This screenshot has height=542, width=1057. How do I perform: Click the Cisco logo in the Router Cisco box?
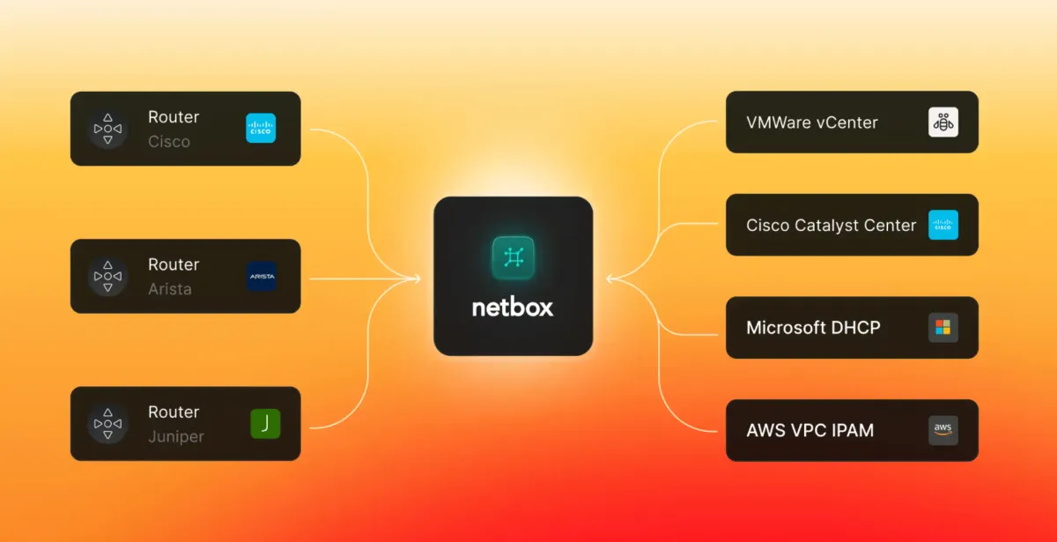click(x=261, y=129)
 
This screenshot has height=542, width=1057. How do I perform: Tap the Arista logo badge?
click(x=262, y=276)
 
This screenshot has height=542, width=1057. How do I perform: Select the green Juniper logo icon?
click(x=265, y=424)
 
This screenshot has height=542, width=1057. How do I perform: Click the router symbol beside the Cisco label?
click(x=107, y=129)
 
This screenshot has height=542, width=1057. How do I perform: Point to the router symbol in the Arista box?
click(x=107, y=276)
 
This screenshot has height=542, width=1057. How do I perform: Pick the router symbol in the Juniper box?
click(x=107, y=424)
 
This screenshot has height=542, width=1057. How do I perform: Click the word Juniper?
click(x=175, y=436)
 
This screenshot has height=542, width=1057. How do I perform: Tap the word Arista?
click(x=169, y=289)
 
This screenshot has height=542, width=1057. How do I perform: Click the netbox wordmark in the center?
click(x=513, y=308)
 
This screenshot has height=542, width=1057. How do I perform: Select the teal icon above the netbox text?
click(x=513, y=256)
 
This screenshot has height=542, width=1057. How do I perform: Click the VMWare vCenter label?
click(x=811, y=123)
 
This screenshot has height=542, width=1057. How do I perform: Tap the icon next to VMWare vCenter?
click(x=942, y=123)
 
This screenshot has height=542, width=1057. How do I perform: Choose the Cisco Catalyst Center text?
click(x=831, y=226)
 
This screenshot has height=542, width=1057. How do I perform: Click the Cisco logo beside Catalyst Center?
click(x=942, y=226)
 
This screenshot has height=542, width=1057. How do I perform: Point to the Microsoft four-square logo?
click(x=942, y=328)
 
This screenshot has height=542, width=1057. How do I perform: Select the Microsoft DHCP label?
click(x=813, y=328)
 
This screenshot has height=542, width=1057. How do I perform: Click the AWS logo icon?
click(x=942, y=431)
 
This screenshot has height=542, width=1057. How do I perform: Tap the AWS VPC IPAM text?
click(x=809, y=431)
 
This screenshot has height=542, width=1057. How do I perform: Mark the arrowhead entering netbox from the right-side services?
click(x=610, y=279)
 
